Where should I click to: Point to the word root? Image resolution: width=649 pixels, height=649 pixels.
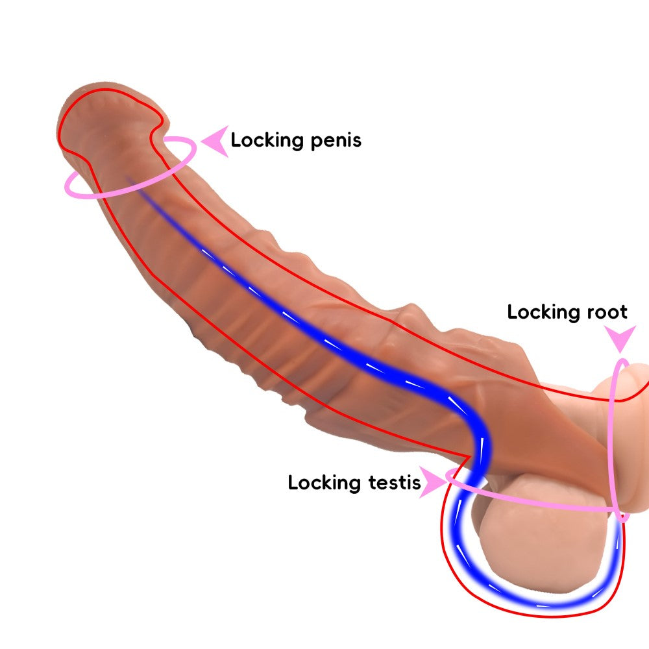click(606, 312)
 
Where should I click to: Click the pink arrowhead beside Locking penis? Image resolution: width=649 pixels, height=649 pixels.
click(216, 141)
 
